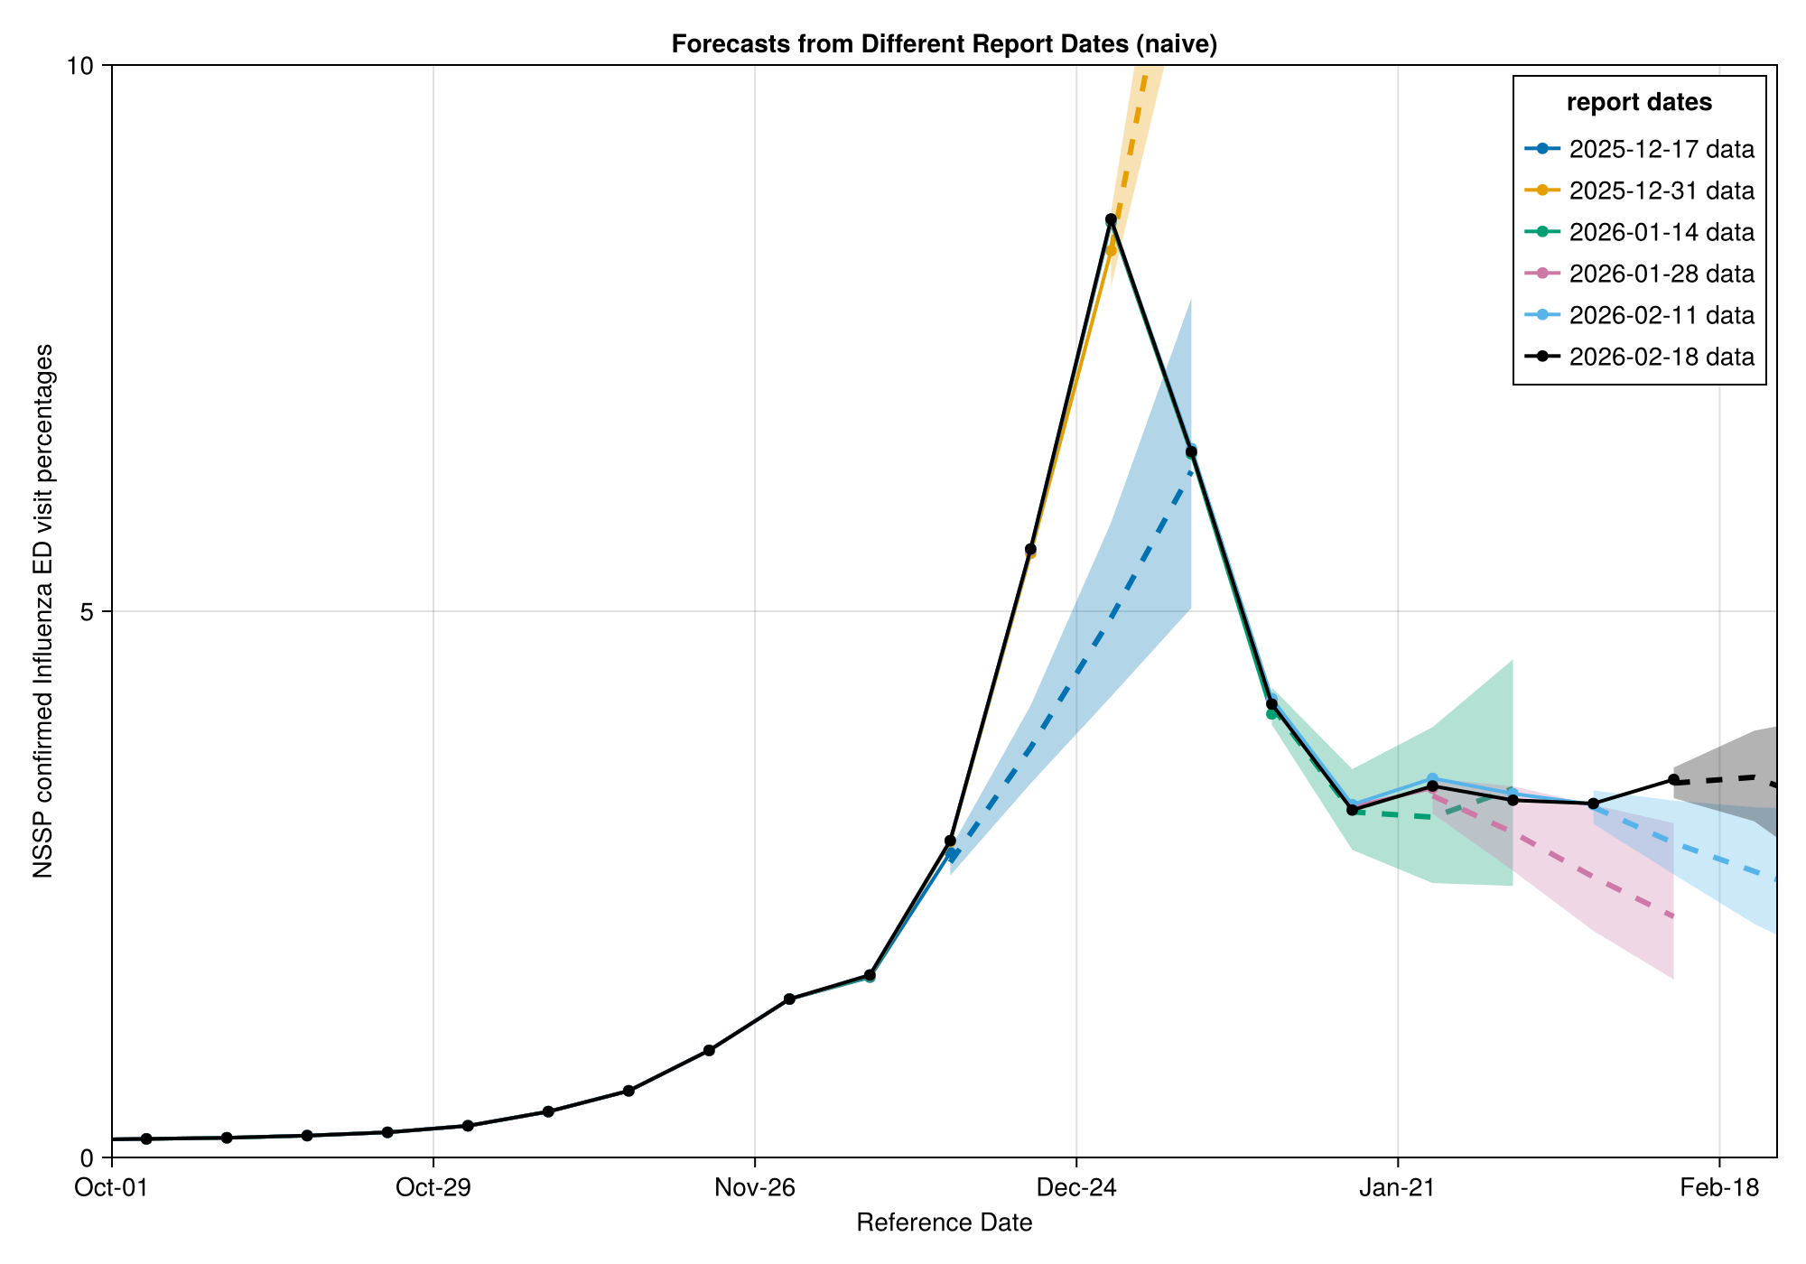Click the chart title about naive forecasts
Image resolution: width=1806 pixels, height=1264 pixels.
point(944,44)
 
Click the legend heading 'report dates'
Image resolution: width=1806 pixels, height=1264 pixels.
point(1639,103)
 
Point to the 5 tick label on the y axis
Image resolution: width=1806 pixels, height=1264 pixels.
point(88,612)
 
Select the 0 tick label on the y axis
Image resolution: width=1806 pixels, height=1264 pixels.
point(88,1157)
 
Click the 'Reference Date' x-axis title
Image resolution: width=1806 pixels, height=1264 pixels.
point(944,1223)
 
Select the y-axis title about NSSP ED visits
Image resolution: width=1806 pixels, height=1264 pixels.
point(42,611)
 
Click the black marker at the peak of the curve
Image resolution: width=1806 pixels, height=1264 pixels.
point(1111,219)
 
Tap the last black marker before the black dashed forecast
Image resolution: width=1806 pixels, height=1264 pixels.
point(1673,780)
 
